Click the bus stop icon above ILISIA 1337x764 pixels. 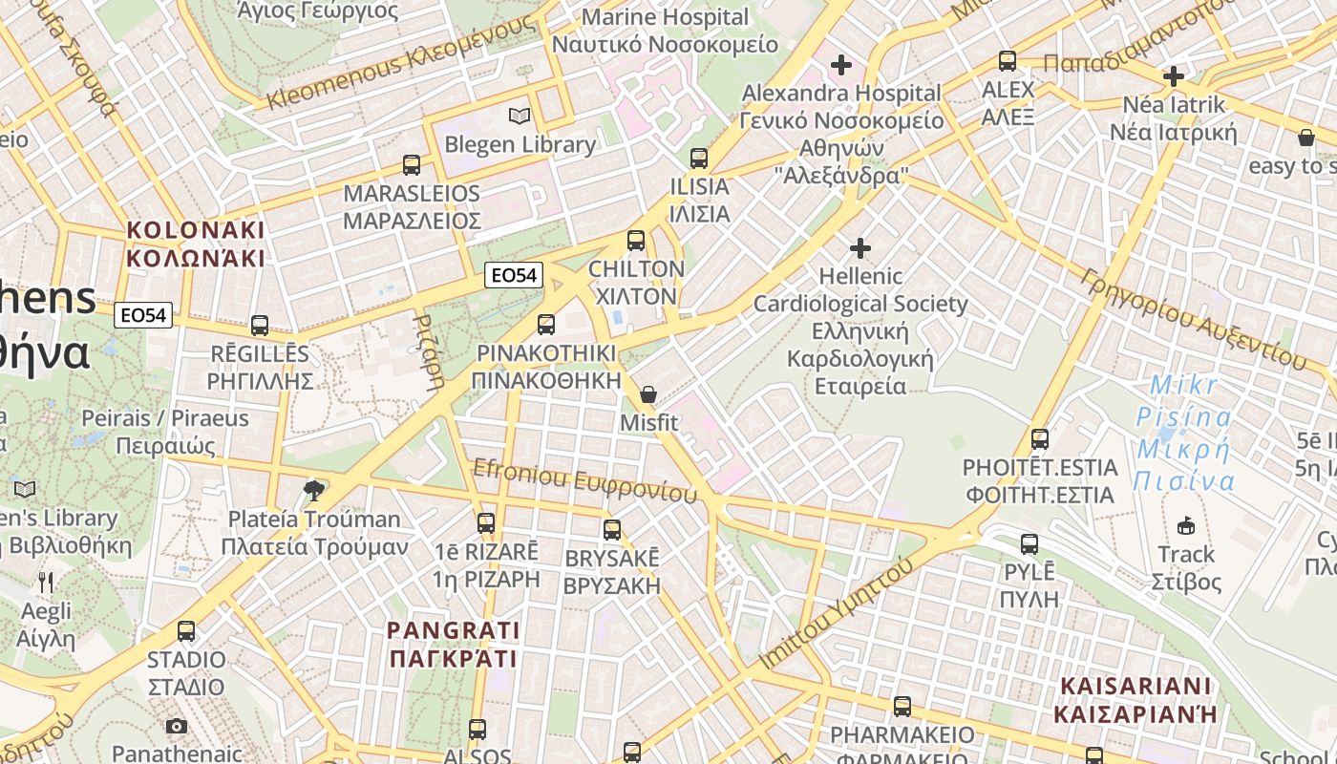[x=699, y=159]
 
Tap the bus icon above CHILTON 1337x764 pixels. [x=636, y=241]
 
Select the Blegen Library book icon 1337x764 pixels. [x=520, y=117]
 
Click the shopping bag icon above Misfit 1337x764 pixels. [x=648, y=393]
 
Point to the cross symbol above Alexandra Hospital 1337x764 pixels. [x=841, y=65]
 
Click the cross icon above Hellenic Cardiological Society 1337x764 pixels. [x=860, y=248]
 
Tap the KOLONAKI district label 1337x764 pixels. [x=195, y=244]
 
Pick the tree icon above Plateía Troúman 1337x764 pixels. [x=313, y=491]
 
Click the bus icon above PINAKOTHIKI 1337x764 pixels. [x=546, y=325]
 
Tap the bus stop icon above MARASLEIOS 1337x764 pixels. [x=412, y=165]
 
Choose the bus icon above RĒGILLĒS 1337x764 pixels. [x=260, y=326]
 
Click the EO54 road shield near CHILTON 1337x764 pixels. [x=514, y=276]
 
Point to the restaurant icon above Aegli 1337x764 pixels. [x=46, y=582]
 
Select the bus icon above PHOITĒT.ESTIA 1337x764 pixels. [x=1040, y=440]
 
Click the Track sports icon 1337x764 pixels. [x=1186, y=525]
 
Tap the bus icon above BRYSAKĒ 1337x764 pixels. [x=612, y=529]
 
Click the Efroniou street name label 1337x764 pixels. [x=584, y=480]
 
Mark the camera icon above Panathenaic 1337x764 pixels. [x=177, y=726]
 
